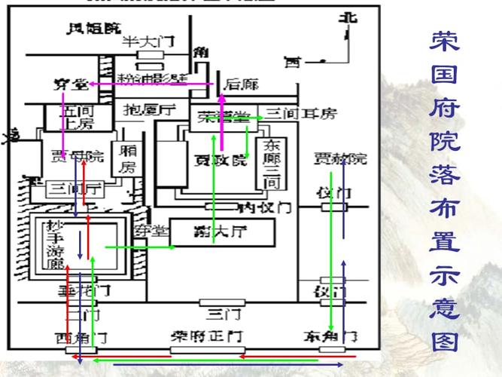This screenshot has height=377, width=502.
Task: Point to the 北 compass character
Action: coord(347,18)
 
